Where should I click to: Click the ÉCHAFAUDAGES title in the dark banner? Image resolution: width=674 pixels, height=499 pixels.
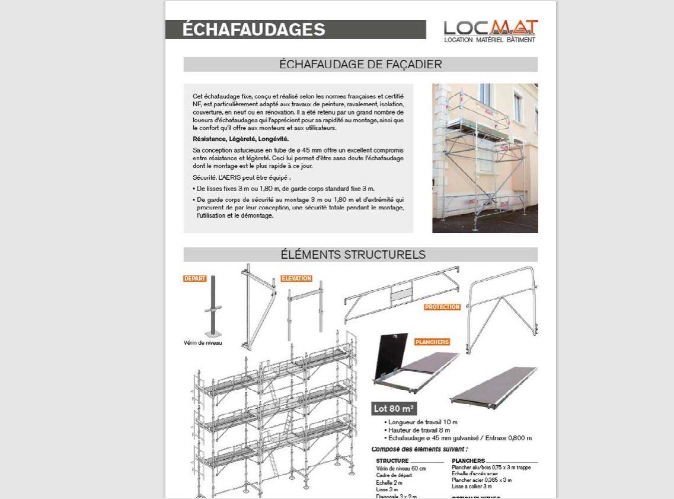(x=254, y=30)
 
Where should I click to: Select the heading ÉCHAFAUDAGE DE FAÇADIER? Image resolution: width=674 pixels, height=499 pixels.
(x=360, y=64)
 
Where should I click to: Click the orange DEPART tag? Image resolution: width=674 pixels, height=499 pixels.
(x=194, y=279)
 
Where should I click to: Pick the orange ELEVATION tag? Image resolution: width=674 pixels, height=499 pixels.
(x=296, y=279)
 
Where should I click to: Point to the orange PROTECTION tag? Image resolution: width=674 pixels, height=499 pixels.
(x=442, y=307)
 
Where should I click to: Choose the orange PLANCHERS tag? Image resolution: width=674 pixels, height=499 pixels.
(x=432, y=342)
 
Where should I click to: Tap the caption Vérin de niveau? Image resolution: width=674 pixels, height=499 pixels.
(x=203, y=343)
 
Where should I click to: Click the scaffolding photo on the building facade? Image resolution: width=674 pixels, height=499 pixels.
(x=485, y=158)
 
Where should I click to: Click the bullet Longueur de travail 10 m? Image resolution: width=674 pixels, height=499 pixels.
(x=423, y=422)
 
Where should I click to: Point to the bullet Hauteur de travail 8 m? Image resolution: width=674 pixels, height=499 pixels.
(x=420, y=430)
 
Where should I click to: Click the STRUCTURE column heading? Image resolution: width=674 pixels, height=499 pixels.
(x=392, y=461)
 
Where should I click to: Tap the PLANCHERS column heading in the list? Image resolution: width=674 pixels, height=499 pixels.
(x=468, y=461)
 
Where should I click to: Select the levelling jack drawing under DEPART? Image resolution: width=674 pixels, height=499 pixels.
(x=213, y=306)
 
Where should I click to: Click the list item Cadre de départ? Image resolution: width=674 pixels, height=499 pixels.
(x=394, y=475)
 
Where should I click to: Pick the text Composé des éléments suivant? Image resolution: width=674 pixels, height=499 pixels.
(x=419, y=449)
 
